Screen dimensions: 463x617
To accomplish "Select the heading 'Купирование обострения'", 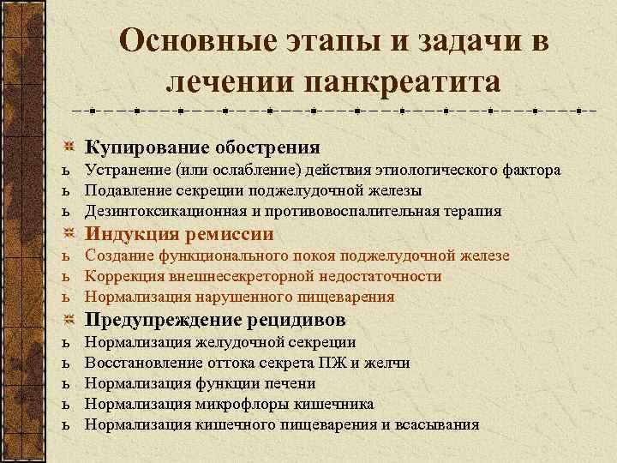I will tap(202, 147).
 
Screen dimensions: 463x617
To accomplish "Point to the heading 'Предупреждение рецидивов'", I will tap(215, 320).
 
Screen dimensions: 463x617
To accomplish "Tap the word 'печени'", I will tap(292, 383).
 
